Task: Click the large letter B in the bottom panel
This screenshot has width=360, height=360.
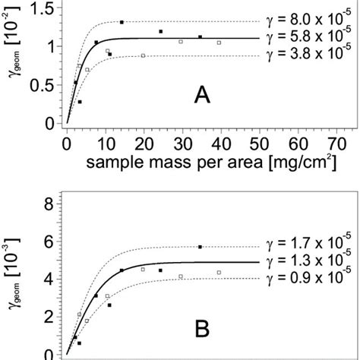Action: pyautogui.click(x=201, y=330)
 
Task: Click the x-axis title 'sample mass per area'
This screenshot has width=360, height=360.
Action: pyautogui.click(x=178, y=163)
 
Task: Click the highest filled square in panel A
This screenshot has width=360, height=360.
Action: pyautogui.click(x=122, y=22)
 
